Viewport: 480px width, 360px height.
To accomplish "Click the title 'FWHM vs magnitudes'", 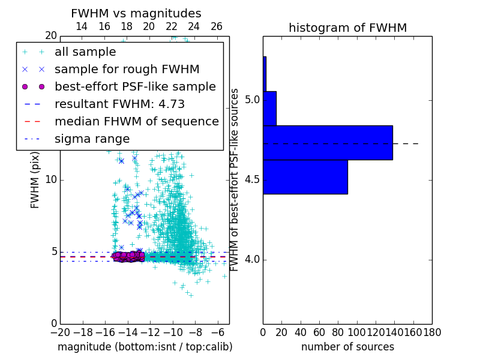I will (136, 13).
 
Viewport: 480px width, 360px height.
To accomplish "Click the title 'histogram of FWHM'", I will (347, 28).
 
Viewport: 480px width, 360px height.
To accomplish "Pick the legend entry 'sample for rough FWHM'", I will (127, 69).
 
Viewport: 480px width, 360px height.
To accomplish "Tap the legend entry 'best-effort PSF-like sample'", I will (135, 86).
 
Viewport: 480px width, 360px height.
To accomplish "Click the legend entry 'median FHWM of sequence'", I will (136, 121).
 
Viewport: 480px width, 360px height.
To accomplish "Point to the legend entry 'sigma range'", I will (92, 139).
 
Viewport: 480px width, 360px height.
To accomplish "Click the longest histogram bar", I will (328, 143).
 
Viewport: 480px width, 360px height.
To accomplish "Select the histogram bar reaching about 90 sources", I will (305, 177).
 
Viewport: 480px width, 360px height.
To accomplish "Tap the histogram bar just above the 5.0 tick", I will (269, 109).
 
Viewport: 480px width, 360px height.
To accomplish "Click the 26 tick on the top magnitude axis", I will (217, 26).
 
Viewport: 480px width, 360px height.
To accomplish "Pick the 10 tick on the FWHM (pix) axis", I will (51, 179).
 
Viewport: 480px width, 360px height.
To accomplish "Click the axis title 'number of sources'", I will (347, 347).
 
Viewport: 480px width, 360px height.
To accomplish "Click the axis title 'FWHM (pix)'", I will (35, 180).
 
